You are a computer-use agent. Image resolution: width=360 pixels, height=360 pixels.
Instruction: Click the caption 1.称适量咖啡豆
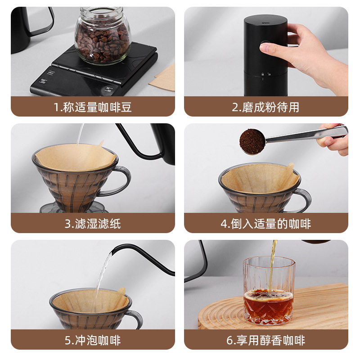[x=93, y=107]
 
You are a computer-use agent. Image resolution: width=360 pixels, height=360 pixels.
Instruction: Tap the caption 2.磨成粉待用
[x=265, y=107]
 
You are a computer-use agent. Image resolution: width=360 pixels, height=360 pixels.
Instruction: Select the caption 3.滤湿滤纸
[x=93, y=223]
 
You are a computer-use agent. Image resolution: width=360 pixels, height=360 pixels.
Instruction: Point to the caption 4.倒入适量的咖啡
[x=265, y=223]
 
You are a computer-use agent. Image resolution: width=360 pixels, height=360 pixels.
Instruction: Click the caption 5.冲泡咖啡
[x=93, y=340]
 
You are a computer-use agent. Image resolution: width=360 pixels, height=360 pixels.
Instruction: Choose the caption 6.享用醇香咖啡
[x=265, y=340]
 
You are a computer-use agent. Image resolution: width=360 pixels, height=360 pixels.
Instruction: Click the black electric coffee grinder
[x=265, y=54]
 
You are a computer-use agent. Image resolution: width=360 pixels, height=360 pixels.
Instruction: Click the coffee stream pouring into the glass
[x=271, y=265]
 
